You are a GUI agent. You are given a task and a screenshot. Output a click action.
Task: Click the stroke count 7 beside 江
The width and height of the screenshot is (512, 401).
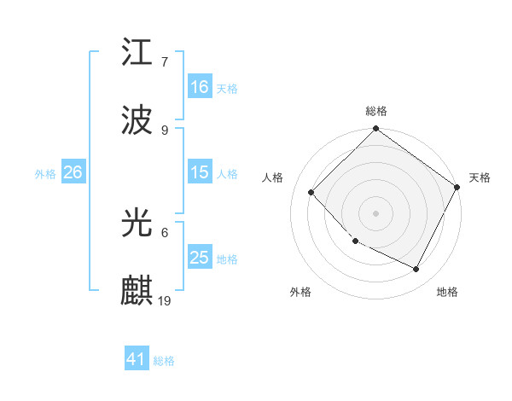165,62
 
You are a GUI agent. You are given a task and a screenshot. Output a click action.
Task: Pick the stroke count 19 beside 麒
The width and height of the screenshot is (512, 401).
166,300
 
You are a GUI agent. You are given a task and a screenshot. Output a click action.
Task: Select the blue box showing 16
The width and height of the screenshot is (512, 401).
200,87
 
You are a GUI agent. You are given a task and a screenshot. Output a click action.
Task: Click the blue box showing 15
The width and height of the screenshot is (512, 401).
200,172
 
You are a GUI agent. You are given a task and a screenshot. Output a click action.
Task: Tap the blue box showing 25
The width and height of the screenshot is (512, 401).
200,258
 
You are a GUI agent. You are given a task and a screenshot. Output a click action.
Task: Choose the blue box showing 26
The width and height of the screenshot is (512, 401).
73,172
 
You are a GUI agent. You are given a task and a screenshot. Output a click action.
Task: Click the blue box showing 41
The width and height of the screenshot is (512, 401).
137,360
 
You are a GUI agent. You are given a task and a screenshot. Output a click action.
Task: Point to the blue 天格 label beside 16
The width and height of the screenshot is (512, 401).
227,88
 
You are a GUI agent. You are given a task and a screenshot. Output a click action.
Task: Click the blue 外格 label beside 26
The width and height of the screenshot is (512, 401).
45,173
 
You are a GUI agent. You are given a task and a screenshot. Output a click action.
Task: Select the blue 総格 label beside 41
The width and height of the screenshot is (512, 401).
164,361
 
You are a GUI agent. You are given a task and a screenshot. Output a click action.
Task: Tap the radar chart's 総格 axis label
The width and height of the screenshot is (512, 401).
376,111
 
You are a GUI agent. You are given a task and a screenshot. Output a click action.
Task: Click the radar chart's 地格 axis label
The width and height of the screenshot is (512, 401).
447,292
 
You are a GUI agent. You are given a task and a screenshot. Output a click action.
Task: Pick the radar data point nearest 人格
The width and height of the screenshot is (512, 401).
311,192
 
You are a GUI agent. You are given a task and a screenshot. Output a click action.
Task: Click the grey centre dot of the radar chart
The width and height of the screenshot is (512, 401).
376,213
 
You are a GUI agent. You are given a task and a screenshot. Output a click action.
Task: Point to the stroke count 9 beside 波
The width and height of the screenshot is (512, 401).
165,130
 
